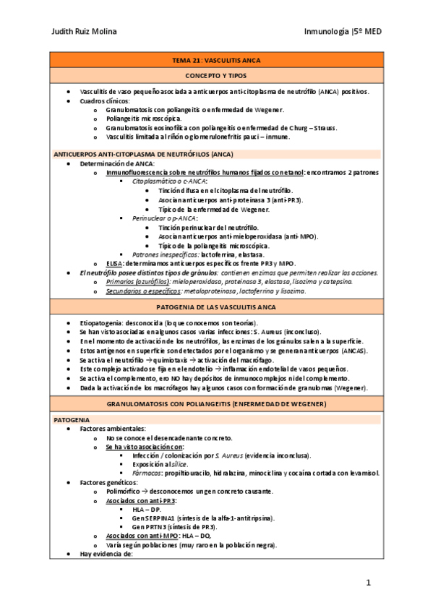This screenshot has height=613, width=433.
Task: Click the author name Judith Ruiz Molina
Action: pyautogui.click(x=85, y=31)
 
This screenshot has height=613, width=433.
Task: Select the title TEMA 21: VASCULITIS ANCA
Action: pyautogui.click(x=217, y=60)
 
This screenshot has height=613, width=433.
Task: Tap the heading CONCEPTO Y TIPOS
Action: pyautogui.click(x=217, y=75)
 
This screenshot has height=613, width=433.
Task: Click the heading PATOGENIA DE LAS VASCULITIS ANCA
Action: pyautogui.click(x=217, y=306)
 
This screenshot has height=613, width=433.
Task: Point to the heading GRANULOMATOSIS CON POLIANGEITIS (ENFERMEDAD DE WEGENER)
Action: pyautogui.click(x=217, y=403)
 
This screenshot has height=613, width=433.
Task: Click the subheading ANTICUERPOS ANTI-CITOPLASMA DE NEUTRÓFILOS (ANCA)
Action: pyautogui.click(x=144, y=154)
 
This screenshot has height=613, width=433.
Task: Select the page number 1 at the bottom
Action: pyautogui.click(x=368, y=583)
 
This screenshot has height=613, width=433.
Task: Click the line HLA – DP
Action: pyautogui.click(x=148, y=509)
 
